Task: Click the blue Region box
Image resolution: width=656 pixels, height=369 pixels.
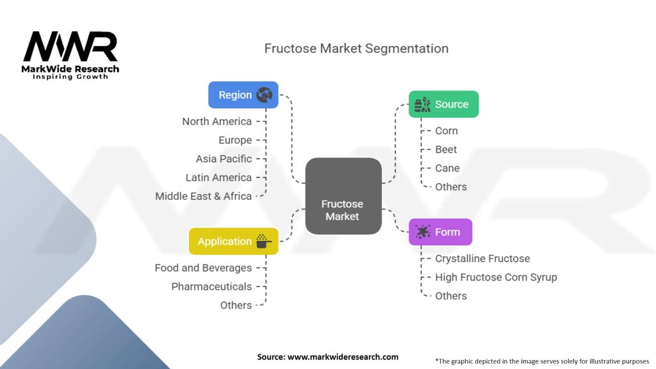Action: (x=243, y=95)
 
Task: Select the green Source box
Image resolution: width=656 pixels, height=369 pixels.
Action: (x=443, y=104)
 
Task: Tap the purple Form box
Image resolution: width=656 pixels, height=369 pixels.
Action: (x=440, y=232)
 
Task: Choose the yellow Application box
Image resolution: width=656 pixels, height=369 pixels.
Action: (x=233, y=241)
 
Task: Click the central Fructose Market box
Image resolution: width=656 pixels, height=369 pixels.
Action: (x=343, y=196)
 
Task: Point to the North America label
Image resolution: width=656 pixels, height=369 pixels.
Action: (x=217, y=121)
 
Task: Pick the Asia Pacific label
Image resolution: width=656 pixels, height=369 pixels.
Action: (x=224, y=159)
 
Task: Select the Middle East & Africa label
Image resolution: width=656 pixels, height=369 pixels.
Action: (x=203, y=196)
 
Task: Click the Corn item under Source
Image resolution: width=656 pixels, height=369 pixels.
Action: (x=447, y=131)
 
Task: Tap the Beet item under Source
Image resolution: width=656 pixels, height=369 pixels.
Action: (x=446, y=149)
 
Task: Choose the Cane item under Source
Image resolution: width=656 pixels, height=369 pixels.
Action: (x=447, y=168)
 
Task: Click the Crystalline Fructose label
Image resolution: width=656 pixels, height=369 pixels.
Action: (x=482, y=259)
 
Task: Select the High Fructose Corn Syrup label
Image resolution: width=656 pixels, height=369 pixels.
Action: (x=496, y=277)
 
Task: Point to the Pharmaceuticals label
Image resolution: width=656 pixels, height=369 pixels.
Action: (x=211, y=286)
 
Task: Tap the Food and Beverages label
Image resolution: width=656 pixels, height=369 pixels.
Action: (x=203, y=268)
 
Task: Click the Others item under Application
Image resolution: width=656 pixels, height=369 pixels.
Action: (x=236, y=306)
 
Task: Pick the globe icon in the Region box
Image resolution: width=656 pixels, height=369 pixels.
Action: (x=265, y=95)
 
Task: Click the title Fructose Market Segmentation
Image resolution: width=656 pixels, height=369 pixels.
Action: (x=356, y=49)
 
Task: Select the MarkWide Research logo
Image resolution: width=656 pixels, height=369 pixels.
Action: (x=70, y=55)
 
